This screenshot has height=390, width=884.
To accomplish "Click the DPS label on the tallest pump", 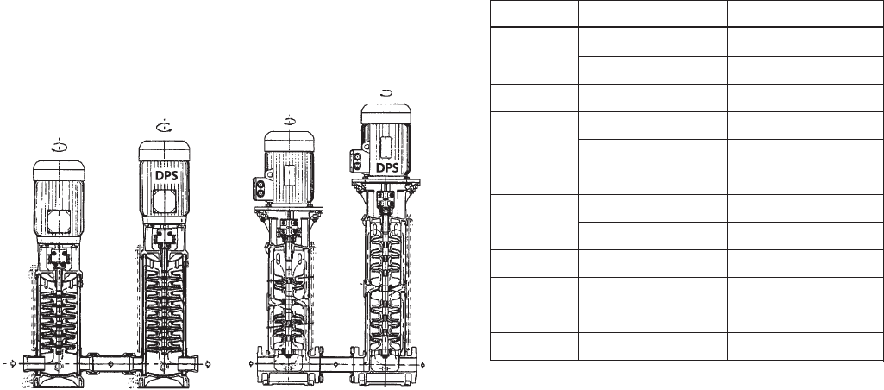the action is (387, 167).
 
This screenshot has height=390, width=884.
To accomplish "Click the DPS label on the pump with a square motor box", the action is (166, 175).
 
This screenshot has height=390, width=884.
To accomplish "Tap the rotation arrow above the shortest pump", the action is (60, 147).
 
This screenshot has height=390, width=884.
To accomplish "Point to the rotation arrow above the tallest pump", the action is (386, 92).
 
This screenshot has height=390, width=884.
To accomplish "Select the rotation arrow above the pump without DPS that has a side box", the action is (289, 120).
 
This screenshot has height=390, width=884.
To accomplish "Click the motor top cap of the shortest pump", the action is (59, 171).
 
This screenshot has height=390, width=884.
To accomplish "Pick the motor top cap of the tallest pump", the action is (386, 113).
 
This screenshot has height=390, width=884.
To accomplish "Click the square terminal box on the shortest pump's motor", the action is (59, 222).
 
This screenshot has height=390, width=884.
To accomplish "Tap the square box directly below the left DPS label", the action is (164, 201).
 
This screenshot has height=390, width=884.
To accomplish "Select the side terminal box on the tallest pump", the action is (356, 160).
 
